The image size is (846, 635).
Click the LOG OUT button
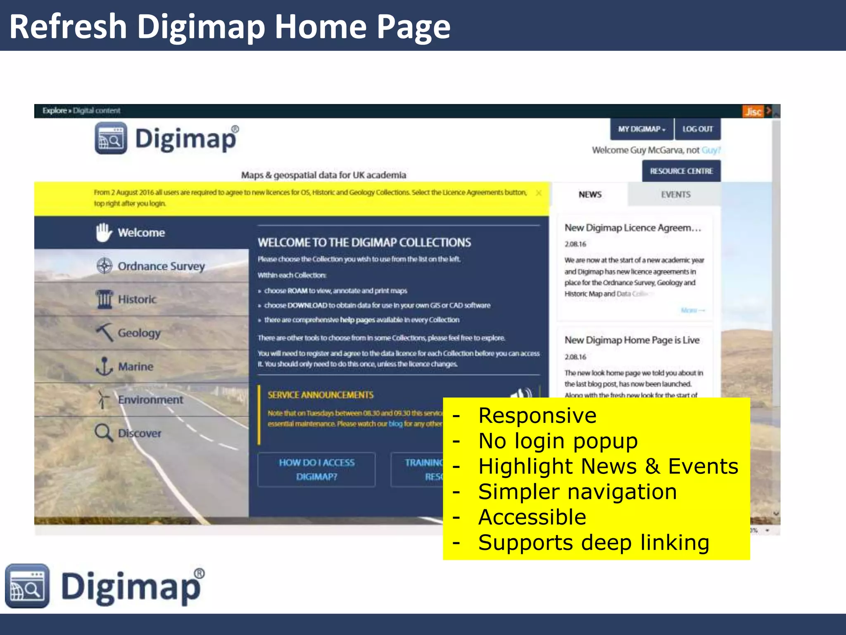[697, 129]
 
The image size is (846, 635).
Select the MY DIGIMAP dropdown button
[642, 129]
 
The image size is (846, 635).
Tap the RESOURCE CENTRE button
[681, 171]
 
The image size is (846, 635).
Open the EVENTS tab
[675, 194]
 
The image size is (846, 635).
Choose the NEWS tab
[590, 194]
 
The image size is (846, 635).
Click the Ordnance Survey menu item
[161, 266]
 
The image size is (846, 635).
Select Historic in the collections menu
[137, 299]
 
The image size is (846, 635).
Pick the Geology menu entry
[139, 333]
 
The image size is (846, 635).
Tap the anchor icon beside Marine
[104, 366]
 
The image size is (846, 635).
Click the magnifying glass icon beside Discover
[103, 433]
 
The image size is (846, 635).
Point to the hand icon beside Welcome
[104, 232]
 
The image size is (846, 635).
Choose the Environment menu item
[150, 400]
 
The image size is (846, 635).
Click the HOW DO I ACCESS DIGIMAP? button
[316, 470]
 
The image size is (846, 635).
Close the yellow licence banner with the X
[539, 193]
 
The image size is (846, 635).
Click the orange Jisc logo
[753, 112]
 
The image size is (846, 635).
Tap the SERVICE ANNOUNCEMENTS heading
[321, 395]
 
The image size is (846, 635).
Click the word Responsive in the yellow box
[537, 415]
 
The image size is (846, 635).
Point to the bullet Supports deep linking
[594, 543]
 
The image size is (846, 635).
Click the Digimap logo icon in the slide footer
[27, 585]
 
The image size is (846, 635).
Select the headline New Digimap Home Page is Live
[632, 340]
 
